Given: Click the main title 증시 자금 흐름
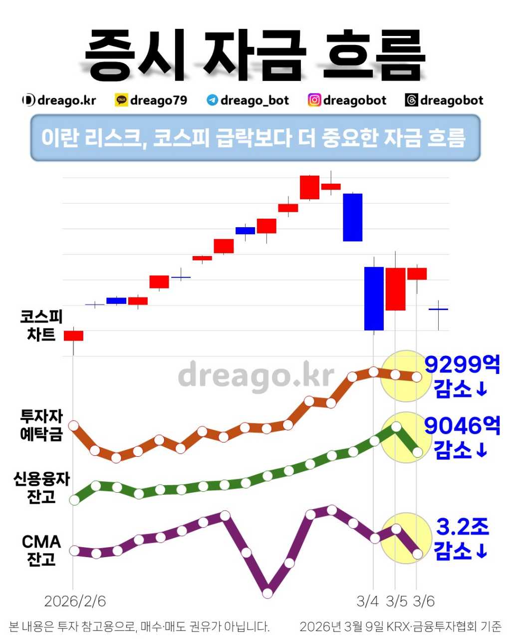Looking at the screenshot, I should (x=255, y=54).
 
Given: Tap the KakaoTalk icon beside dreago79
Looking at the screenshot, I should (x=121, y=100).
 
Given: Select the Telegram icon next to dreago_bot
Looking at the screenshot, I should (x=212, y=100).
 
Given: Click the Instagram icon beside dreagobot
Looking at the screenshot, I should (x=314, y=100).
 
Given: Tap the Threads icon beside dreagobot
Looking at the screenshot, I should (x=411, y=100).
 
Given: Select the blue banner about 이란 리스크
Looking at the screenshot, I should (x=255, y=138).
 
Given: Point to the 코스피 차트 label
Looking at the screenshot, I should (x=41, y=325).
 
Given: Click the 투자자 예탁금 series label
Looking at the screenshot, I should (x=41, y=425).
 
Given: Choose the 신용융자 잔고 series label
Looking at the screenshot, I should (x=41, y=488).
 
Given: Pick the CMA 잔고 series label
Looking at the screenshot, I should (x=41, y=550).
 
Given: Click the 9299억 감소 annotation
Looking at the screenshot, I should (x=462, y=377).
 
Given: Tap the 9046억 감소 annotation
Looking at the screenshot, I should (x=462, y=438).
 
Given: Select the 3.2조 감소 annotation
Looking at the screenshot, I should (x=462, y=539).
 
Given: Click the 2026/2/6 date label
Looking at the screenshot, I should (x=75, y=601).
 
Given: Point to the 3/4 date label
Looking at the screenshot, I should (x=368, y=601).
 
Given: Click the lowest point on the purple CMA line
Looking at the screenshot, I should (x=267, y=593).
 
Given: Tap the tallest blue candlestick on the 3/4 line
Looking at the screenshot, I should (x=374, y=299).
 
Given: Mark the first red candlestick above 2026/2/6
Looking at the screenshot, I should (x=73, y=335).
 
